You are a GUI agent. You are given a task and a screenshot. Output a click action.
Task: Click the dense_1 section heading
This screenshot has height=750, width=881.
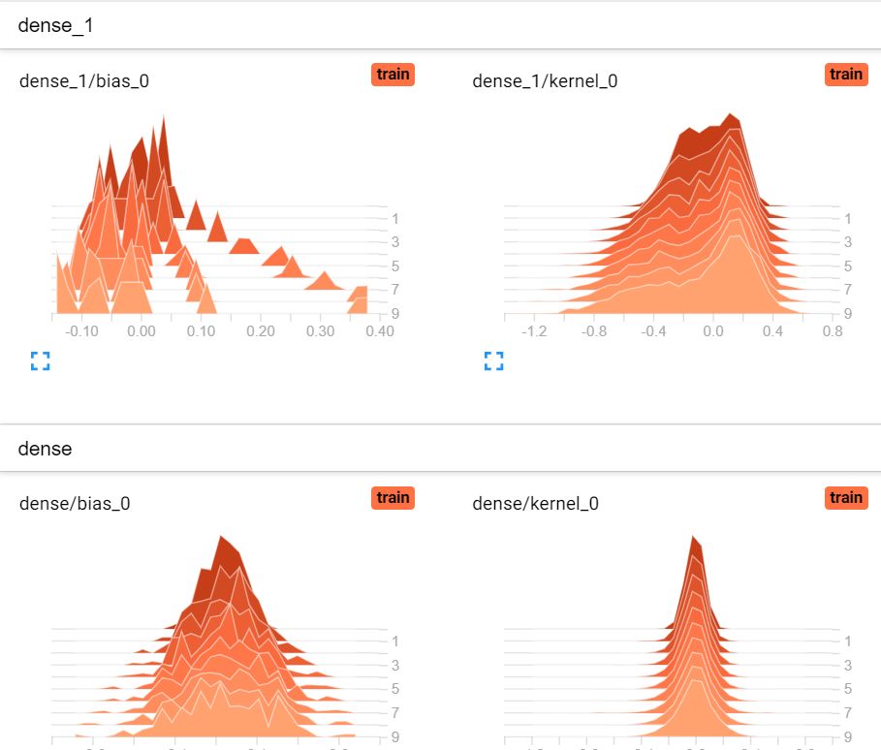[x=55, y=25]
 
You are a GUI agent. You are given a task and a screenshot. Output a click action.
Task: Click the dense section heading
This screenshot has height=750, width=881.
[x=45, y=449]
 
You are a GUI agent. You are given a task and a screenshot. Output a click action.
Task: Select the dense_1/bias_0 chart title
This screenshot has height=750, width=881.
[x=84, y=80]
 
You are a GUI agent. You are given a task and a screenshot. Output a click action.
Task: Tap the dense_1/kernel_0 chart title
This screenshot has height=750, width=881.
[x=545, y=80]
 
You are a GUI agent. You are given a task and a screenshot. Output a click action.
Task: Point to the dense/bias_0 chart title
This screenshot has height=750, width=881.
[x=75, y=503]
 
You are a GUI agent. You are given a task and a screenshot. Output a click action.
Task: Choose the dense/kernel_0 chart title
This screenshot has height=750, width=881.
[x=535, y=503]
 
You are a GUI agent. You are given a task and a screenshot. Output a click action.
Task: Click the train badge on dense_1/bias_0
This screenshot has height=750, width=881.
[x=393, y=75]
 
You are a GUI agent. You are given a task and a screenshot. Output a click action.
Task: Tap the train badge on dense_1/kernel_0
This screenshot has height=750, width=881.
[x=845, y=75]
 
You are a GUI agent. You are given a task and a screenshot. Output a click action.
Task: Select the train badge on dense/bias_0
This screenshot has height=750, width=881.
[x=393, y=497]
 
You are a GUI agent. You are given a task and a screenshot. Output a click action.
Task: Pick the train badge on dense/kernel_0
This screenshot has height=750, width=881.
[x=845, y=497]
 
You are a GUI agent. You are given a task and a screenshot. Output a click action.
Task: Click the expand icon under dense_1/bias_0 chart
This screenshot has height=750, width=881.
[x=40, y=361]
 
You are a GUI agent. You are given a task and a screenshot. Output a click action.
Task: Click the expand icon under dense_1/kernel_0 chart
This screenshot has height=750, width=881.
[x=493, y=361]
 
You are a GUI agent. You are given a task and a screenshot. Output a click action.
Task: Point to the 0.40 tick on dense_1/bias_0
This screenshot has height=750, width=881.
[x=380, y=331]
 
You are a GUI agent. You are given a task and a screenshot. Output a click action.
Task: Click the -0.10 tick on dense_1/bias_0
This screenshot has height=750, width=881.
[x=81, y=331]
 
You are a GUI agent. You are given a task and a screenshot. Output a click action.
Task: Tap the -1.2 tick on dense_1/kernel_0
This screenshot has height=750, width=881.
[x=534, y=331]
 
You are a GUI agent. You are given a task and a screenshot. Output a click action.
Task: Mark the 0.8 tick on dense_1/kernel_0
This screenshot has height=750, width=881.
[x=832, y=331]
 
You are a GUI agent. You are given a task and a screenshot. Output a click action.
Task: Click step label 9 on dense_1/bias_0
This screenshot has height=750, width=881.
[x=395, y=313]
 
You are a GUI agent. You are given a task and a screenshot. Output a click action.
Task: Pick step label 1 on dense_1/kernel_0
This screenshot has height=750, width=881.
[x=848, y=219]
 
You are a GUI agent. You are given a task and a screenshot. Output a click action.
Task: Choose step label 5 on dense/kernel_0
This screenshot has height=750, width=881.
[x=848, y=689]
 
